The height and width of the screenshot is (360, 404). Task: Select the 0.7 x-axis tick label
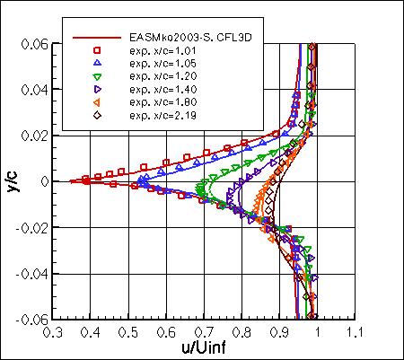pyautogui.click(x=203, y=331)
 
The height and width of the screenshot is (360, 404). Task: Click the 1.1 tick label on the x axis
pyautogui.click(x=356, y=331)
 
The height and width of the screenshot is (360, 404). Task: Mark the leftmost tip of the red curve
pyautogui.click(x=69, y=181)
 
